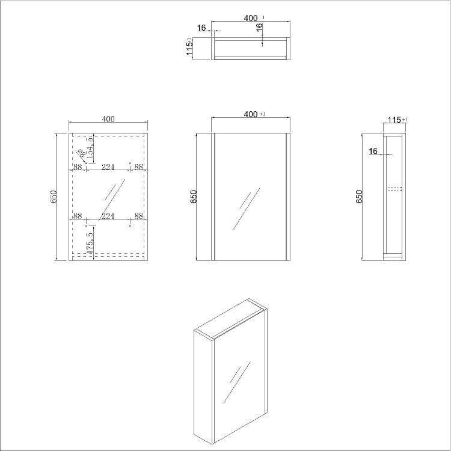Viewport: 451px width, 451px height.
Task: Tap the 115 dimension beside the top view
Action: tap(190, 48)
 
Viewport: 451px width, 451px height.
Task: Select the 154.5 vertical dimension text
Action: tap(90, 148)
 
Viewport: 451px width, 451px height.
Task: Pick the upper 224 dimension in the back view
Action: tap(108, 168)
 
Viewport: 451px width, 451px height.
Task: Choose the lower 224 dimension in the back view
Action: tap(108, 216)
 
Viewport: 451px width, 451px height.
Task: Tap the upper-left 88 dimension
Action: tap(78, 168)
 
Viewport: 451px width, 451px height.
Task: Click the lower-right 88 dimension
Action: tap(139, 216)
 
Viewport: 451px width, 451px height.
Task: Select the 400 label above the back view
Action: tap(108, 119)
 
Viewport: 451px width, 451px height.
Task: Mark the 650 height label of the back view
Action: tap(54, 197)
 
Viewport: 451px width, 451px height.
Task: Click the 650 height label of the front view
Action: tap(194, 197)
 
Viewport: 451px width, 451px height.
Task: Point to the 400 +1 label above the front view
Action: tap(251, 114)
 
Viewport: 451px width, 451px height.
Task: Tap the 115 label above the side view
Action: tap(394, 120)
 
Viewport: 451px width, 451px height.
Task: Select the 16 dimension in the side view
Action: tap(373, 152)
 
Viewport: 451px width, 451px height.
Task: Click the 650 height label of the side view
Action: tap(360, 197)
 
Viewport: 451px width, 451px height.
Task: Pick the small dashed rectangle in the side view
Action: tap(394, 189)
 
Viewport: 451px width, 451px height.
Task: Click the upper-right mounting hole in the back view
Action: tap(130, 162)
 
